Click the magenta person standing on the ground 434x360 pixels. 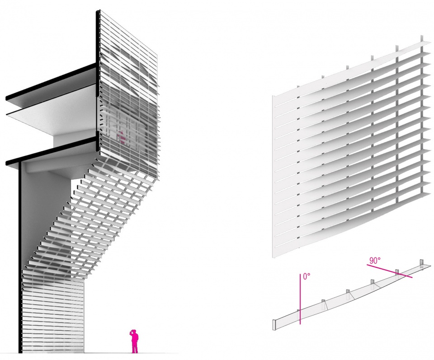pyautogui.click(x=135, y=341)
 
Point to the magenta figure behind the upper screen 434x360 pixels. pyautogui.click(x=121, y=137)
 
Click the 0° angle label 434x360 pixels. pyautogui.click(x=307, y=276)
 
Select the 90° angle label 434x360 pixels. pyautogui.click(x=375, y=261)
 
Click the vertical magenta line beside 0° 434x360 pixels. pyautogui.click(x=300, y=299)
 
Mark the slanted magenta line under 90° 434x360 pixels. pyautogui.click(x=389, y=271)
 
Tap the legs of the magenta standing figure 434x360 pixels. pyautogui.click(x=135, y=347)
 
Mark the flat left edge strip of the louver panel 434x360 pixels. pyautogui.click(x=274, y=177)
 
